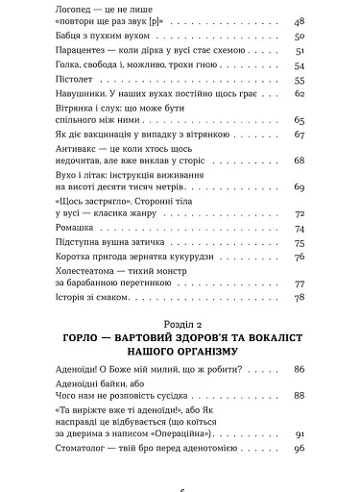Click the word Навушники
[84, 95]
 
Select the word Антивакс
[81, 154]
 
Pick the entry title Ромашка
[78, 228]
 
